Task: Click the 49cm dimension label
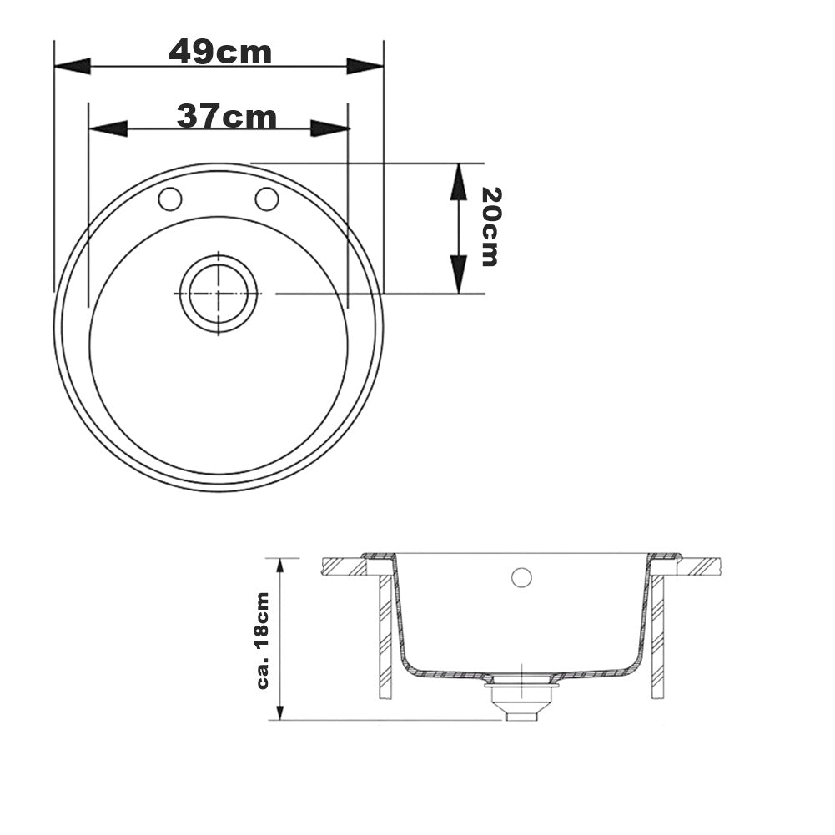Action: (x=220, y=53)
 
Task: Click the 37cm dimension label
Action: (x=226, y=117)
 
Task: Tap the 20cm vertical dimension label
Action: (x=490, y=226)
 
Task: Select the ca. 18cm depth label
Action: (x=263, y=641)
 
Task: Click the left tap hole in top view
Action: (x=170, y=199)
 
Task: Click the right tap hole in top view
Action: (x=267, y=199)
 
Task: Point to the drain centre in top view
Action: (x=219, y=294)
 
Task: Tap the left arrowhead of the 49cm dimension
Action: (x=73, y=67)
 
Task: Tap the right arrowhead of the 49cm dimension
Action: (x=365, y=67)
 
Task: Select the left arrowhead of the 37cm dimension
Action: (x=108, y=128)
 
